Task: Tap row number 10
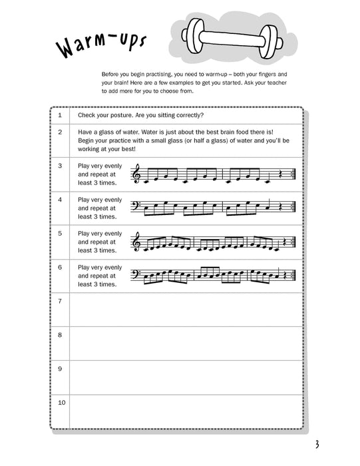click(x=61, y=402)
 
